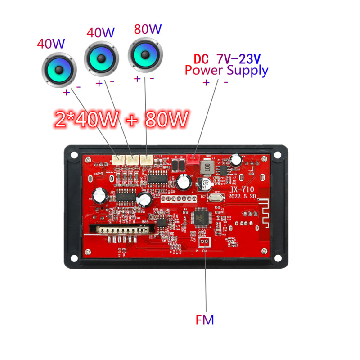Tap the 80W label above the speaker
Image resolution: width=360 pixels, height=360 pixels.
(x=147, y=30)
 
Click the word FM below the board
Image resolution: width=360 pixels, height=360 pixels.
(x=205, y=320)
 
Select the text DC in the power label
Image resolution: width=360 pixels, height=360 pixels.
(x=202, y=58)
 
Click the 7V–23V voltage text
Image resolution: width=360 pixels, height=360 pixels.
(x=238, y=58)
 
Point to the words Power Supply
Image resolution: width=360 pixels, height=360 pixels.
(x=226, y=70)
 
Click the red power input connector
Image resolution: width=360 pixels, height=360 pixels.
(x=193, y=158)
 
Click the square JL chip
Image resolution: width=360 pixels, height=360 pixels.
(x=200, y=218)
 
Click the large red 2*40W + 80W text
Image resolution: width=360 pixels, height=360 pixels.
(x=121, y=119)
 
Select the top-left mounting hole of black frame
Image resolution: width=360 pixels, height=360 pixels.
(x=72, y=154)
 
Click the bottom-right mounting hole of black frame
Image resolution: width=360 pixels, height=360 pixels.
(x=279, y=259)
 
